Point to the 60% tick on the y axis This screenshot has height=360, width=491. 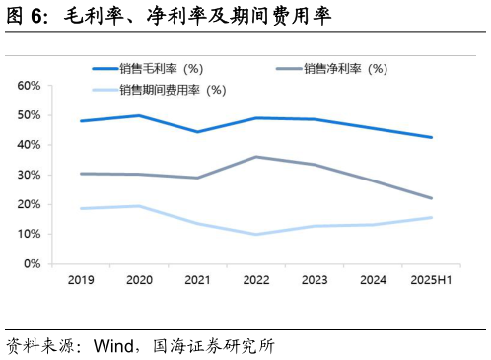point(29,86)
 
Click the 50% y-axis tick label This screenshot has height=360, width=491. point(29,115)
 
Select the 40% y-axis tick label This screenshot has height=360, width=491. point(29,145)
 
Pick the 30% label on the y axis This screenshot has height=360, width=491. point(29,175)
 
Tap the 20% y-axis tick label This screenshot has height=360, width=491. point(29,204)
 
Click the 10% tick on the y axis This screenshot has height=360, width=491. point(29,234)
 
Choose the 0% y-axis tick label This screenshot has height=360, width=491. point(32,263)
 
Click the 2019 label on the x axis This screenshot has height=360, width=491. point(81,280)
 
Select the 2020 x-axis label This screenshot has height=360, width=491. point(139,280)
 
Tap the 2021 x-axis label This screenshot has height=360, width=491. point(197,280)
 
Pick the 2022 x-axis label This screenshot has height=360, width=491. point(256,280)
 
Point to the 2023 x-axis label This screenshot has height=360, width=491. point(315,280)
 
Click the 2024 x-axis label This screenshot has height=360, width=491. point(373,280)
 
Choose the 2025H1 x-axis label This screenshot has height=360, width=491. point(431,280)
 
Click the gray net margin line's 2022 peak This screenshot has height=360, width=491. point(256,157)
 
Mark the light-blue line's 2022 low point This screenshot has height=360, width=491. point(256,234)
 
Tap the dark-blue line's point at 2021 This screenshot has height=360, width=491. point(197,132)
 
